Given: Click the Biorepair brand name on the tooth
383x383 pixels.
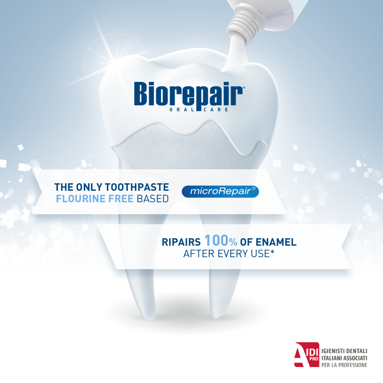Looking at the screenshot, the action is [x=189, y=94].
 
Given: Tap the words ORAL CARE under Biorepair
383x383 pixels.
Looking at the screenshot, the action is [x=199, y=110].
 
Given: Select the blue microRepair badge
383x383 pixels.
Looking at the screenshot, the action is [x=220, y=191].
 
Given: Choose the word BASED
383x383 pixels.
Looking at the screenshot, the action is [x=153, y=199].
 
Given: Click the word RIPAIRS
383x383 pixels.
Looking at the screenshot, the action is [x=181, y=242].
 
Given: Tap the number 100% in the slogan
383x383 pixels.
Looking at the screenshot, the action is [x=221, y=240].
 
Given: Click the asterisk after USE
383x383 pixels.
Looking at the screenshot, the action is [x=272, y=252].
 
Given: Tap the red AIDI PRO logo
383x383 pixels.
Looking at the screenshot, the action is [x=307, y=355].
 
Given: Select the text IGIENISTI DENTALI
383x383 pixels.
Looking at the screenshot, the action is [x=345, y=351].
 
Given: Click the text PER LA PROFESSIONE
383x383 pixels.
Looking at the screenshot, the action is [x=345, y=365].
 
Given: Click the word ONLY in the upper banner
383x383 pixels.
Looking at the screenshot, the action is [x=89, y=187].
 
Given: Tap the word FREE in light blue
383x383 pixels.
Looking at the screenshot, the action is [x=121, y=199].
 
